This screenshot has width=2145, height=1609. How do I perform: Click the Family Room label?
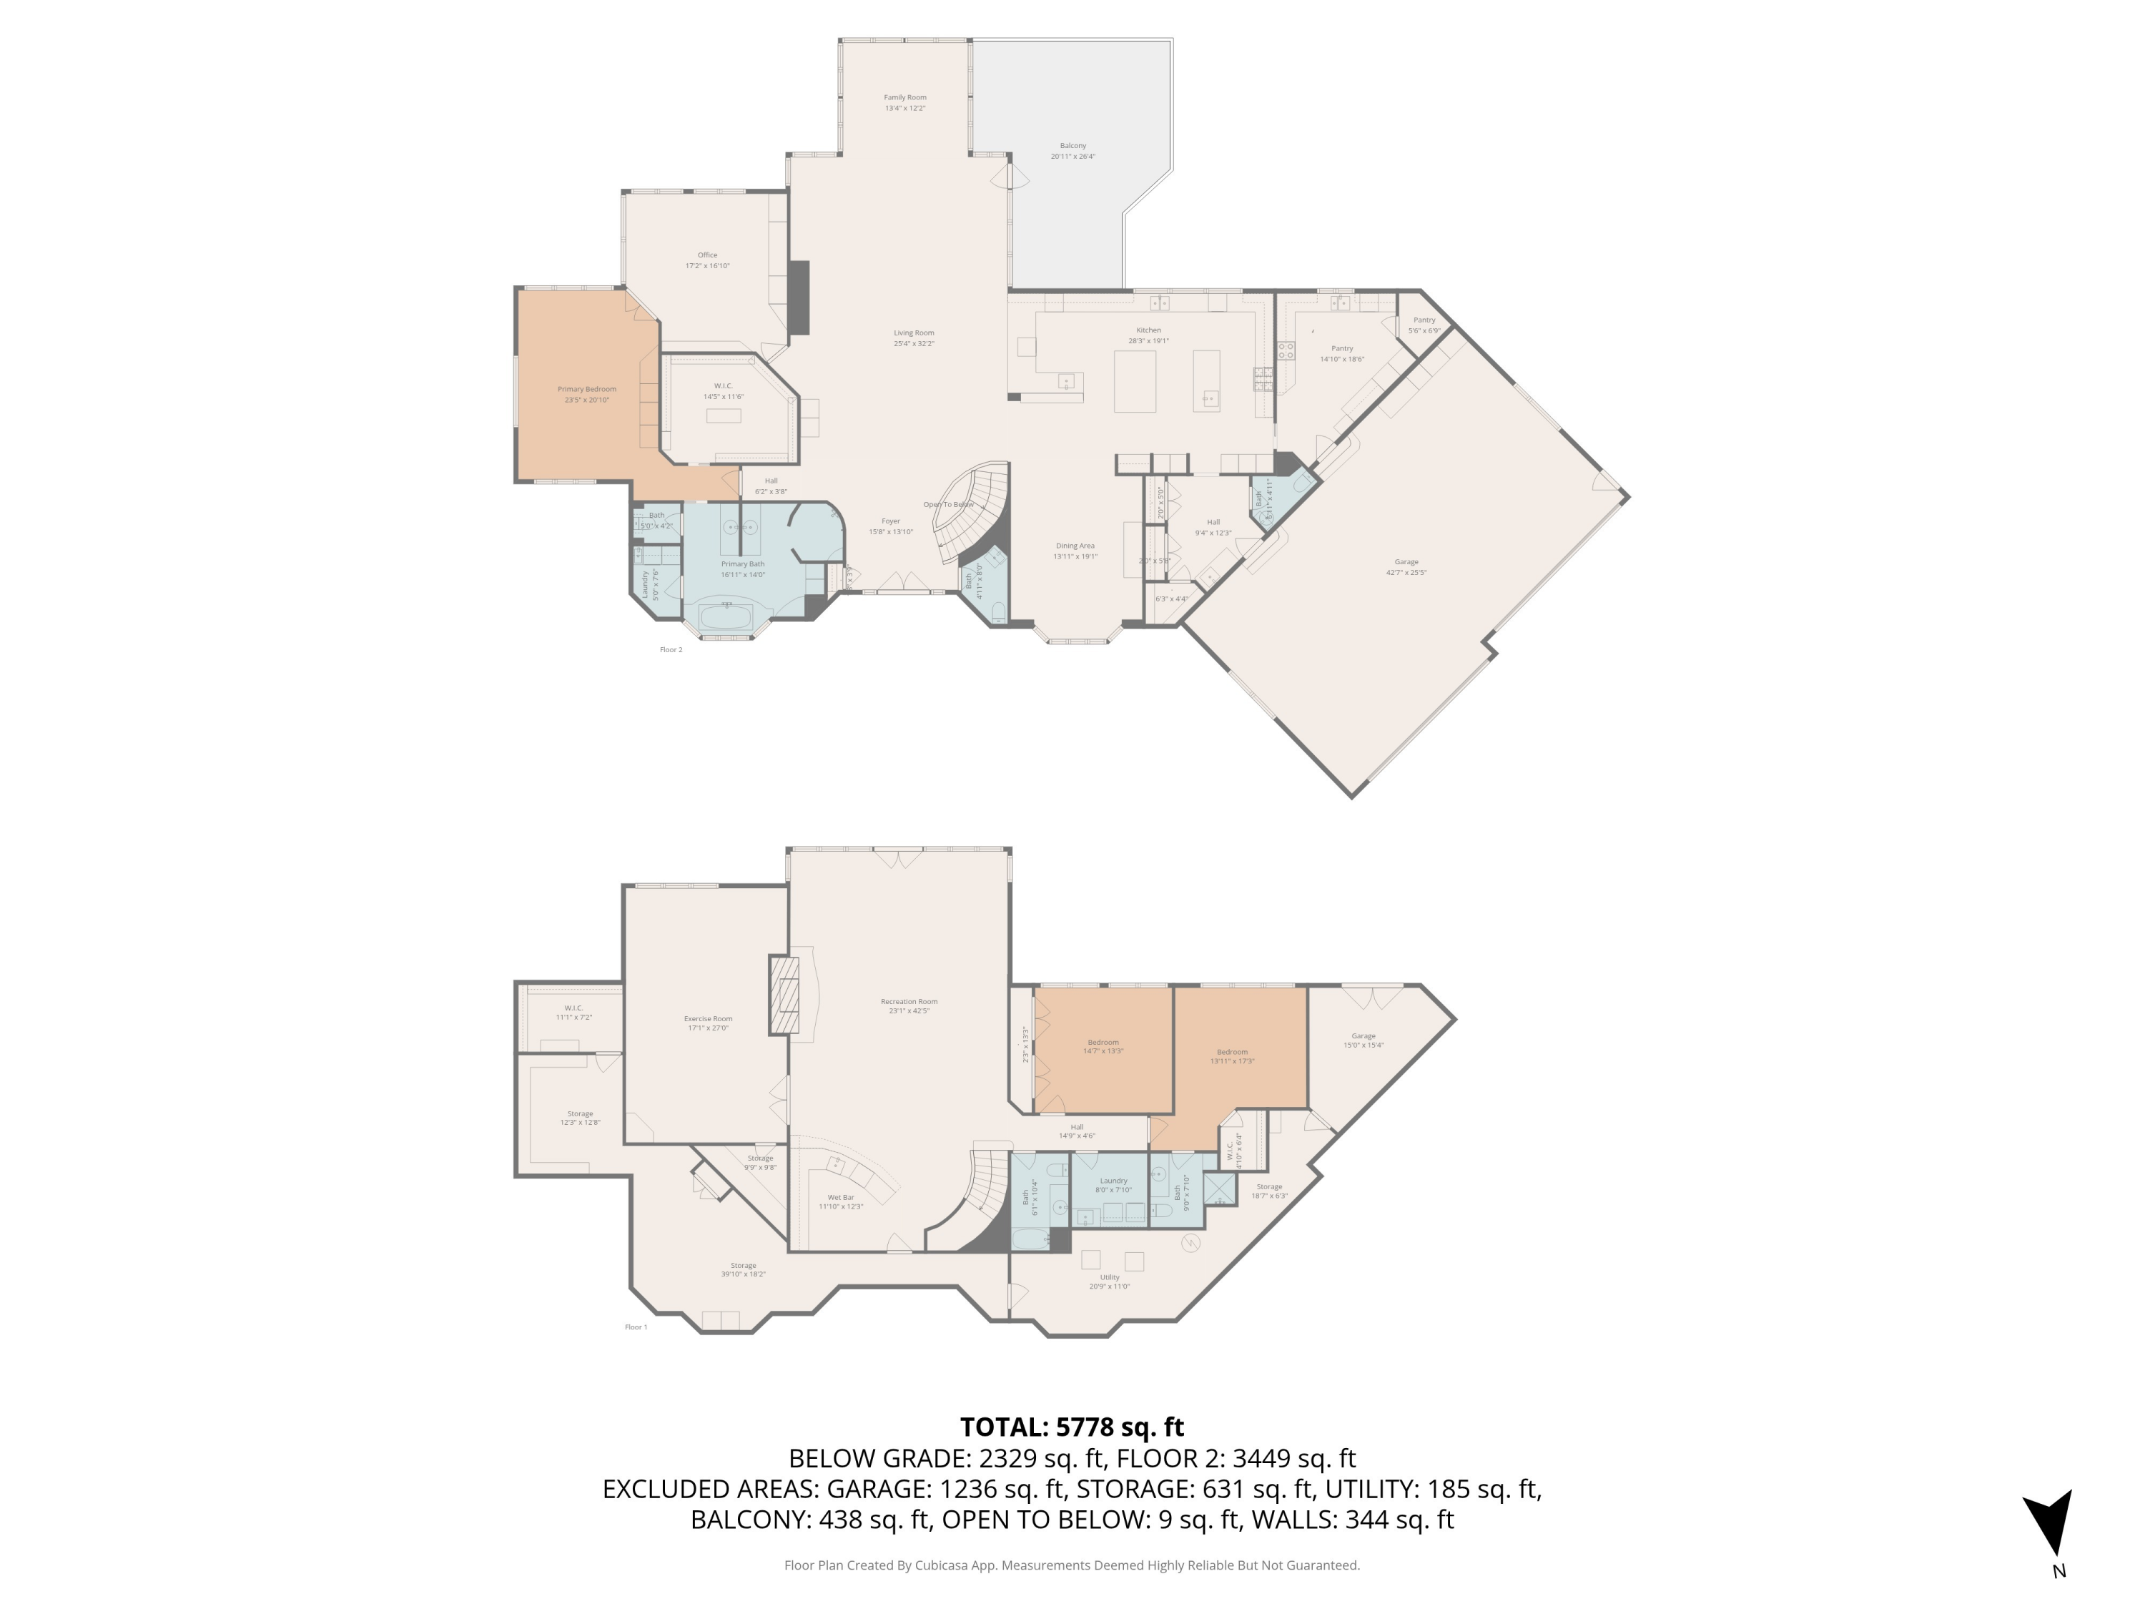[904, 98]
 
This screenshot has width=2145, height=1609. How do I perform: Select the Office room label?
[707, 256]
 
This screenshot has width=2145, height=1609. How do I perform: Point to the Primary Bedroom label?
[587, 390]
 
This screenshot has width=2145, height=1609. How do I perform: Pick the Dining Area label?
[1075, 546]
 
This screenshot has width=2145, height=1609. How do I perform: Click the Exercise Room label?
[708, 1019]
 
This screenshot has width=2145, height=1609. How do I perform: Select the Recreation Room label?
[909, 1002]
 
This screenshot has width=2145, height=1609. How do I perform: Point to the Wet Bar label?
[841, 1198]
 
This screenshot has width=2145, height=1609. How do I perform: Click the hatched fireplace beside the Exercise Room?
[784, 995]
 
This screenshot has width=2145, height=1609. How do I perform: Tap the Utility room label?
[1110, 1277]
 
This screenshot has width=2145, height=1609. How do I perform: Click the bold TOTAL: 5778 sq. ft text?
[1072, 1427]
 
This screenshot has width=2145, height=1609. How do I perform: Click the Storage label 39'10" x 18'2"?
[743, 1266]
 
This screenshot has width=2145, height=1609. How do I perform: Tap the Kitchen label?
[1148, 330]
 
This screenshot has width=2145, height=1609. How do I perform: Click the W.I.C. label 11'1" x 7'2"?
[573, 1008]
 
